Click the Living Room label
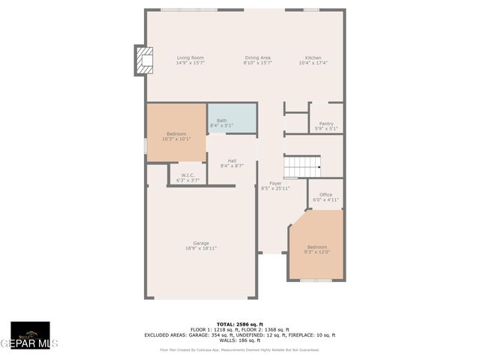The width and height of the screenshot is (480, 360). (x=190, y=58)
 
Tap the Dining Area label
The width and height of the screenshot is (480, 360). (x=257, y=58)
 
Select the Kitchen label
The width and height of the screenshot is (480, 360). (x=313, y=58)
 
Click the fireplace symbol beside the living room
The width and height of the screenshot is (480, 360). (x=143, y=61)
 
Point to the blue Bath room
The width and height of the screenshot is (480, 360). (x=232, y=118)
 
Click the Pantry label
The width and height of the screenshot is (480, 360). (x=326, y=124)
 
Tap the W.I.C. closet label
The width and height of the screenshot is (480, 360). (x=187, y=175)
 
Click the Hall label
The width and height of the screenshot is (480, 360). (x=232, y=160)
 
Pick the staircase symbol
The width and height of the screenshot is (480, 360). (x=302, y=166)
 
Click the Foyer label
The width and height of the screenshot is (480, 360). (x=275, y=183)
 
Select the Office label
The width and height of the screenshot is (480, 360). (x=325, y=195)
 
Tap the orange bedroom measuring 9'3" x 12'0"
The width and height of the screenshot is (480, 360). (x=316, y=247)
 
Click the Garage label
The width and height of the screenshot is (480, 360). (x=201, y=243)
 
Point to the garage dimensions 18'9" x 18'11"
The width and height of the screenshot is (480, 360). (x=201, y=248)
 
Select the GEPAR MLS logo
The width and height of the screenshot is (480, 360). (x=30, y=336)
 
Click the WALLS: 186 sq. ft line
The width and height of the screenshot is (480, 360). (x=239, y=340)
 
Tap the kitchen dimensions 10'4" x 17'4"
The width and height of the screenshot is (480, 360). (x=313, y=63)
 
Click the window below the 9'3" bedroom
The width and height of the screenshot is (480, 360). (x=316, y=280)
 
